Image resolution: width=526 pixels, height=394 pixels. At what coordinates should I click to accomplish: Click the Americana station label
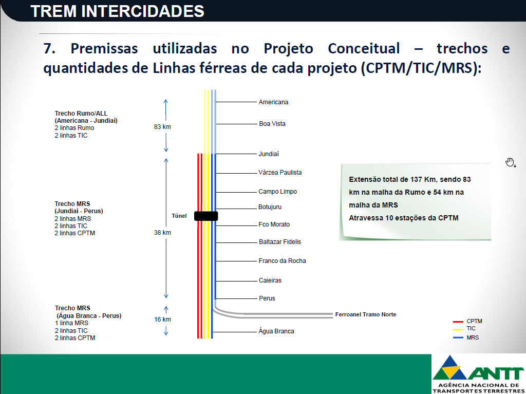(273, 102)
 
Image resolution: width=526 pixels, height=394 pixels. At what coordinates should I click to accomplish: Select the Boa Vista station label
(272, 123)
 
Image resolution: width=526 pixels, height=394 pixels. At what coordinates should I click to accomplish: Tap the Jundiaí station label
(268, 154)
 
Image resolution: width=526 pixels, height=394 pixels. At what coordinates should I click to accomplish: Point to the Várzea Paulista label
(280, 173)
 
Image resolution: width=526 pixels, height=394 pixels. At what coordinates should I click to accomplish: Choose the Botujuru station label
(270, 207)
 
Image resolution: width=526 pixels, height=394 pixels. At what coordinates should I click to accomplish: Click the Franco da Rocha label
(282, 261)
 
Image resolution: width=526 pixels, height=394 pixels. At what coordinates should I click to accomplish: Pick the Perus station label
(267, 298)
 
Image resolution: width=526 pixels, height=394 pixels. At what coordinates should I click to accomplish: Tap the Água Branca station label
(276, 331)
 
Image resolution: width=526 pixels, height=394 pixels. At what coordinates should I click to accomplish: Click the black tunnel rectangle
(206, 216)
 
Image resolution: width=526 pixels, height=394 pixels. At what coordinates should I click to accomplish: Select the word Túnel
(179, 216)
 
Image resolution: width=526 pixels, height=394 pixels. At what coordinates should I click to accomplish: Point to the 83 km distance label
(162, 127)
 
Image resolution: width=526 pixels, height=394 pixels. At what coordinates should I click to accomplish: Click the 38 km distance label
(162, 233)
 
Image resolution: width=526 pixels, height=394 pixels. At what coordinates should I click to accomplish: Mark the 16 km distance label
(162, 320)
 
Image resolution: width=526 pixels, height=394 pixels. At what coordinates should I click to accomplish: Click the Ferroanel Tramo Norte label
(366, 314)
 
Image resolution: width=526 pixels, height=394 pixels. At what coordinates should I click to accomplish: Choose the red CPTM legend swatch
(458, 322)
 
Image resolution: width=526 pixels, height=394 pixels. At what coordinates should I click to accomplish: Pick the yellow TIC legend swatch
(458, 329)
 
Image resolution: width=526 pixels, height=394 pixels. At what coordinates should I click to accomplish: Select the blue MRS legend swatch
(458, 337)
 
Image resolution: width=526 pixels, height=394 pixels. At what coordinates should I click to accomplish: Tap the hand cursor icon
(510, 162)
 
